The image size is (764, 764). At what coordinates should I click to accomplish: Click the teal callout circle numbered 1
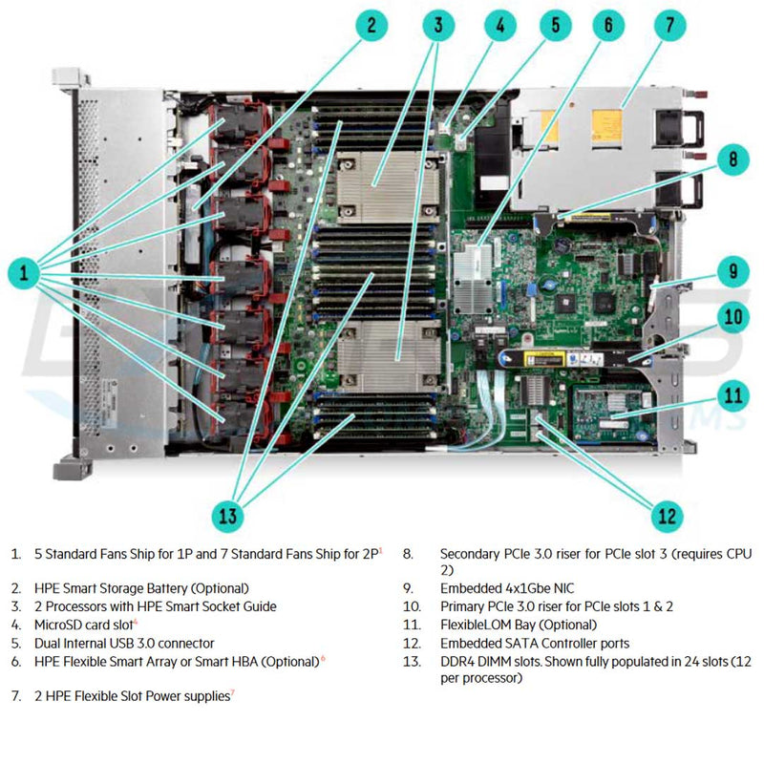pyautogui.click(x=23, y=275)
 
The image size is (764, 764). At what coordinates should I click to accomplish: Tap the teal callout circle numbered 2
pyautogui.click(x=371, y=26)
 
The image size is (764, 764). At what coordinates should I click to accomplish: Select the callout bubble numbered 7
pyautogui.click(x=669, y=26)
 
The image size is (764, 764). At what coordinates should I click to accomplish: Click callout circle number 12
pyautogui.click(x=668, y=517)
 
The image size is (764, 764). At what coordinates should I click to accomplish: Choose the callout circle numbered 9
pyautogui.click(x=732, y=271)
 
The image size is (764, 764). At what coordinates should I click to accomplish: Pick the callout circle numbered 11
pyautogui.click(x=732, y=393)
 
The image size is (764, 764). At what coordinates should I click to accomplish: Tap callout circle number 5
pyautogui.click(x=554, y=26)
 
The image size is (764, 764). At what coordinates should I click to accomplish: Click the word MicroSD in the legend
pyautogui.click(x=59, y=625)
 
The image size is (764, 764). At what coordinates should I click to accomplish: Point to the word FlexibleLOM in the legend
pyautogui.click(x=474, y=625)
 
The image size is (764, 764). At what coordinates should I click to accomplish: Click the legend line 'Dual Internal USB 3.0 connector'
pyautogui.click(x=124, y=643)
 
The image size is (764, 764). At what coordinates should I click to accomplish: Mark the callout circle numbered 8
pyautogui.click(x=732, y=159)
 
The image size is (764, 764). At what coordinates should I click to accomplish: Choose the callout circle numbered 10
pyautogui.click(x=732, y=317)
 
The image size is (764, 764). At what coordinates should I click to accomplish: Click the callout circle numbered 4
pyautogui.click(x=498, y=26)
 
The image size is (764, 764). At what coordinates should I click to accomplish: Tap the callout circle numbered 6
pyautogui.click(x=607, y=26)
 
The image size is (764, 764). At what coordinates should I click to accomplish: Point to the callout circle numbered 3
pyautogui.click(x=437, y=26)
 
